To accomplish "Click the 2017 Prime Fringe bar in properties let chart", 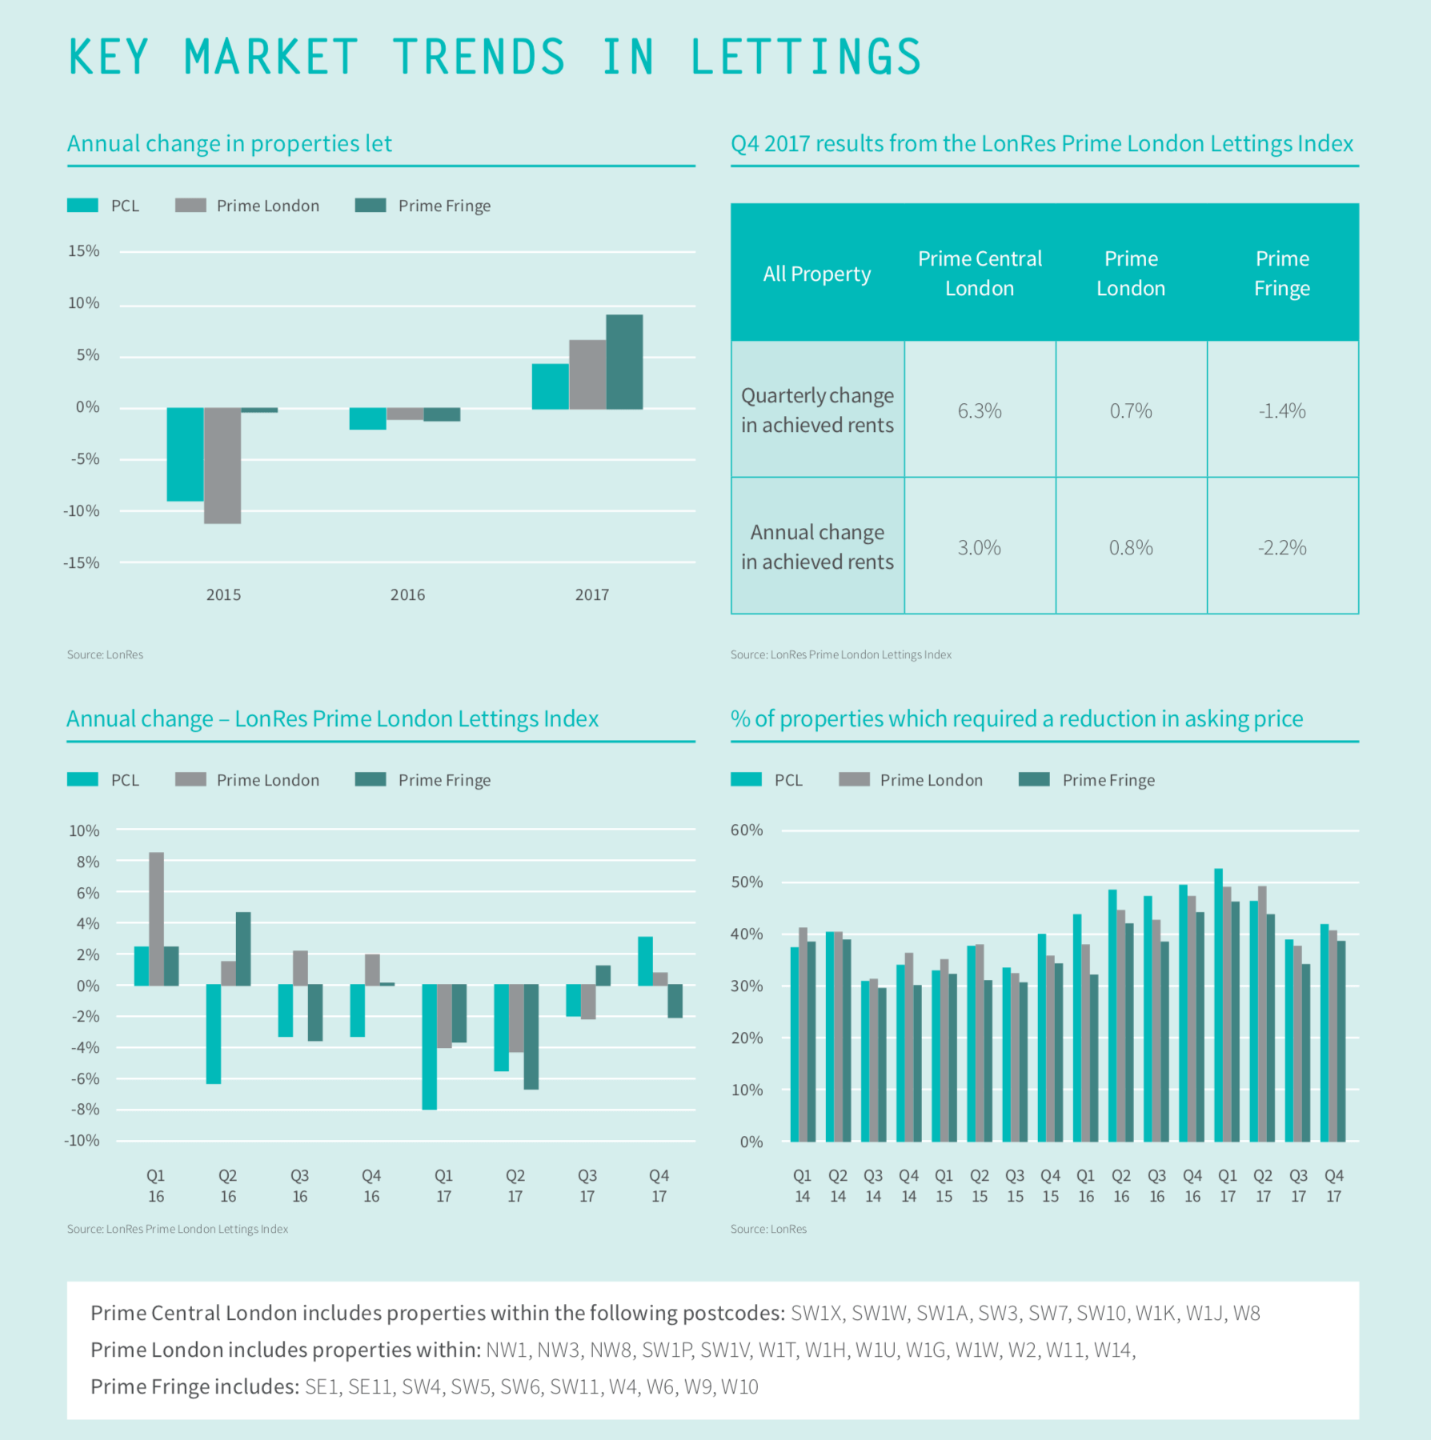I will pyautogui.click(x=624, y=362).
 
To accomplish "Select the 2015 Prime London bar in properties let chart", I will pyautogui.click(x=222, y=465).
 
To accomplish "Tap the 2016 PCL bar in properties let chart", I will pyautogui.click(x=367, y=418).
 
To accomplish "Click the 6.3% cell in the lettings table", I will pyautogui.click(x=980, y=410).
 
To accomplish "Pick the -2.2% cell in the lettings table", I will pyautogui.click(x=1281, y=547).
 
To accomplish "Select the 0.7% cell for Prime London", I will pyautogui.click(x=1130, y=410).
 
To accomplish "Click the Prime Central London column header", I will pyautogui.click(x=980, y=273).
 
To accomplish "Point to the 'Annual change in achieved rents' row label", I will pyautogui.click(x=817, y=546).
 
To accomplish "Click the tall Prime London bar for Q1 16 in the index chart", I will pyautogui.click(x=156, y=918).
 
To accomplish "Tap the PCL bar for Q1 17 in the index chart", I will pyautogui.click(x=430, y=1046).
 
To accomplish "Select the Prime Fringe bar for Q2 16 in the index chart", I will pyautogui.click(x=243, y=948).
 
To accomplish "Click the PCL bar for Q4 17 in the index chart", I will pyautogui.click(x=645, y=960).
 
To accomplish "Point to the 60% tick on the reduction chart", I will pyautogui.click(x=747, y=830).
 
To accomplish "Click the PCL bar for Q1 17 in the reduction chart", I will pyautogui.click(x=1218, y=1005).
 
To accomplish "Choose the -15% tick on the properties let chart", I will pyautogui.click(x=82, y=562).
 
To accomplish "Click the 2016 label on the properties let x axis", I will pyautogui.click(x=407, y=594).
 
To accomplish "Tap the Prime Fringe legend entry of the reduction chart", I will pyautogui.click(x=1108, y=780).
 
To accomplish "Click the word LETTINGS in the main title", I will pyautogui.click(x=805, y=58).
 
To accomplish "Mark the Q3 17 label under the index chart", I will pyautogui.click(x=587, y=1186).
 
